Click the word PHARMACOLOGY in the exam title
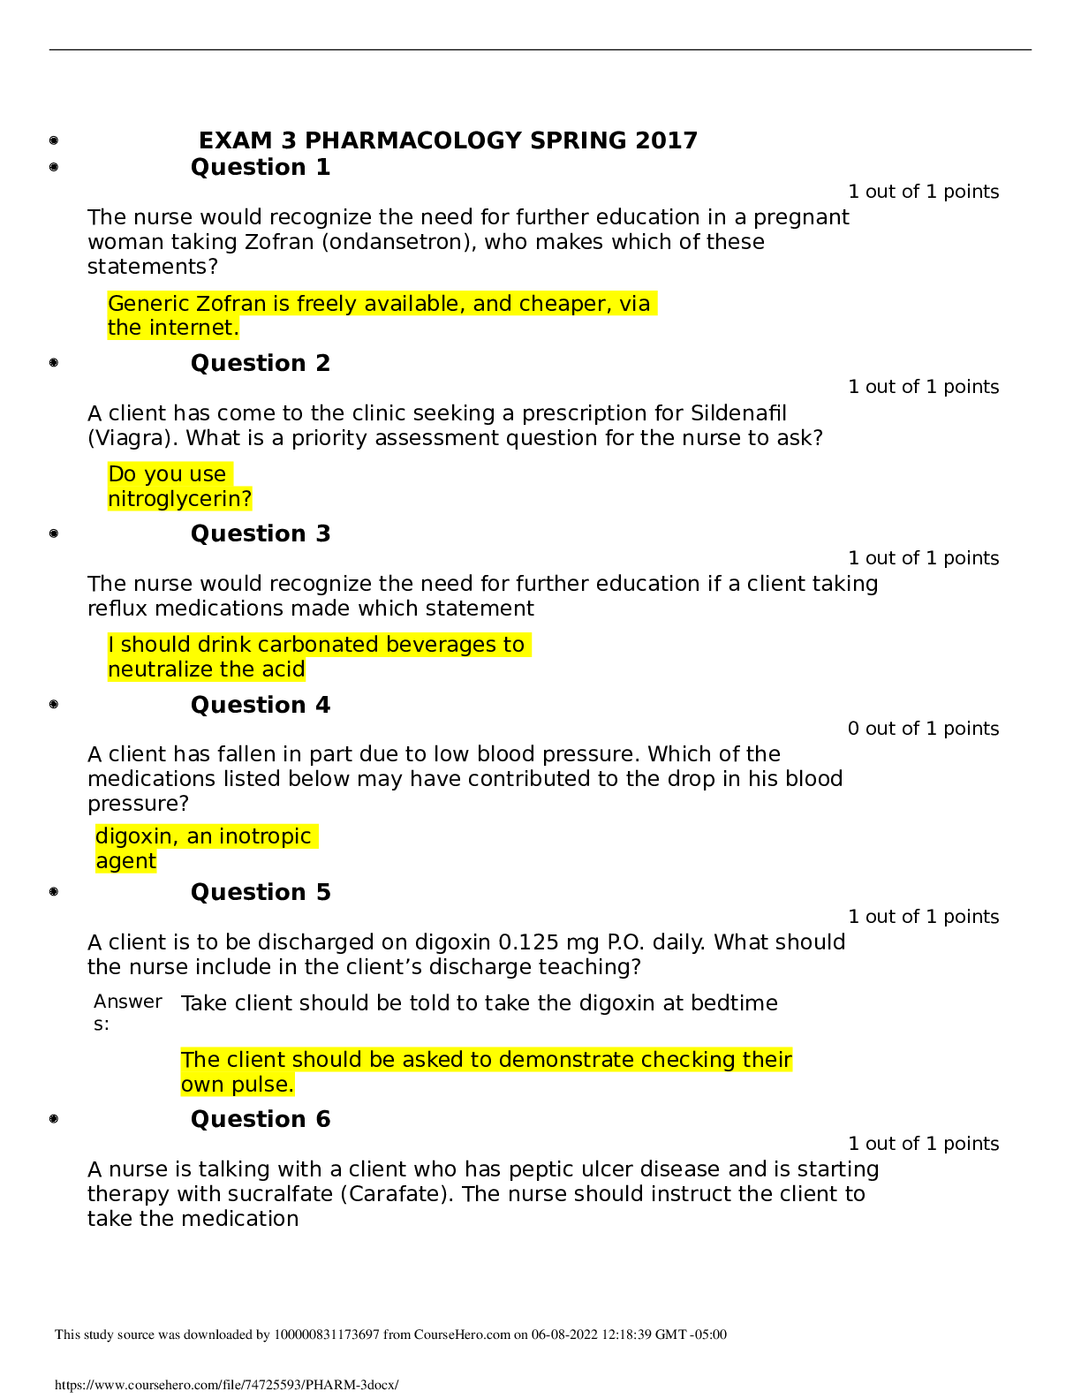click(412, 141)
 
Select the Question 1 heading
click(261, 168)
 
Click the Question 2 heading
click(261, 364)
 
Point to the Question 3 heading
click(261, 534)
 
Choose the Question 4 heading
click(261, 706)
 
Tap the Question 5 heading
click(261, 893)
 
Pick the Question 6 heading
click(261, 1120)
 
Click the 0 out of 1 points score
click(923, 729)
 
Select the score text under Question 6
click(923, 1144)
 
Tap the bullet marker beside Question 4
click(54, 705)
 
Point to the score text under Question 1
click(923, 192)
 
